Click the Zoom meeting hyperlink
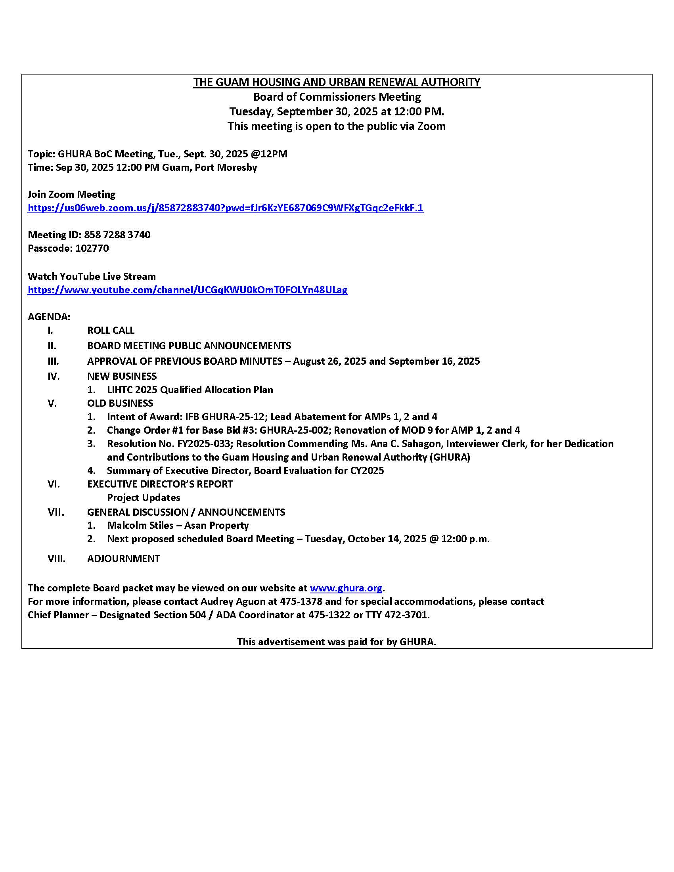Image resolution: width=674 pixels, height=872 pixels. tap(225, 208)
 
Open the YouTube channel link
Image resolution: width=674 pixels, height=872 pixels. tap(188, 290)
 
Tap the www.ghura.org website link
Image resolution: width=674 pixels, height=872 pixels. tap(346, 588)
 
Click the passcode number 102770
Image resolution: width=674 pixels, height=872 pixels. tap(92, 249)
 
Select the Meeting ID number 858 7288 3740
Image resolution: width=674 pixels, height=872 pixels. tap(117, 235)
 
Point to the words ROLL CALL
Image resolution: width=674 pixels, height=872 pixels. tap(111, 331)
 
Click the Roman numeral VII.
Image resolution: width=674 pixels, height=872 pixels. tap(56, 512)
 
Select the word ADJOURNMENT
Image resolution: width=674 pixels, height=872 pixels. tap(123, 558)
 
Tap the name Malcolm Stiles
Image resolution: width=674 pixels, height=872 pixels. tap(140, 526)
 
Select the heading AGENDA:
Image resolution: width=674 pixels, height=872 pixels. tap(49, 317)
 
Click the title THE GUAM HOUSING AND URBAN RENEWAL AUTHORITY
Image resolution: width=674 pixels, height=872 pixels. tap(337, 82)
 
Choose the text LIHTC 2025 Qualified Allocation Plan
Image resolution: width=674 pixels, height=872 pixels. tap(190, 390)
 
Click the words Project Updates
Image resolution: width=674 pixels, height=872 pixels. tap(144, 497)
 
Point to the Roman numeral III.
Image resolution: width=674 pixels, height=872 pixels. tap(53, 361)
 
